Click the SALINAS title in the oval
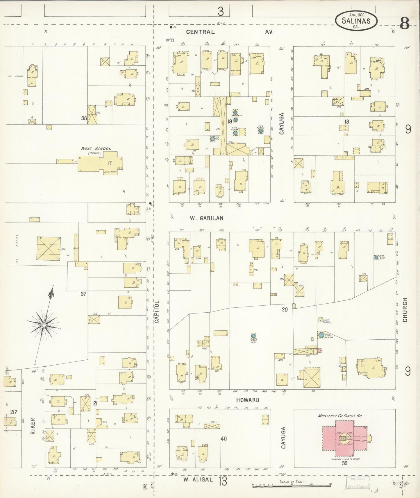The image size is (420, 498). (x=356, y=21)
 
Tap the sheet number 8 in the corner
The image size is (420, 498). (x=405, y=23)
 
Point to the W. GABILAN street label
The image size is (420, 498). (x=207, y=218)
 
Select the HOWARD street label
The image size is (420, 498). (x=247, y=400)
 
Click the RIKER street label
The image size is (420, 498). (x=33, y=427)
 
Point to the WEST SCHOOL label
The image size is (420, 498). (x=96, y=149)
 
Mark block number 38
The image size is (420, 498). (x=84, y=118)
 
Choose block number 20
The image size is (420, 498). (x=285, y=310)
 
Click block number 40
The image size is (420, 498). (x=223, y=439)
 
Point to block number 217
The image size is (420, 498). (x=13, y=412)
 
